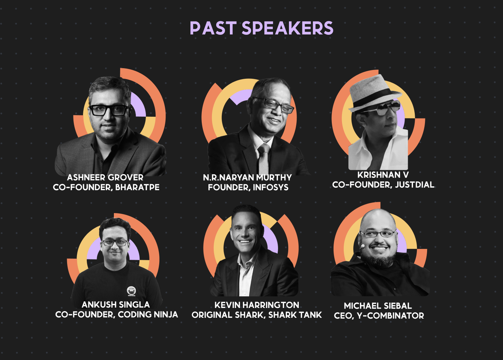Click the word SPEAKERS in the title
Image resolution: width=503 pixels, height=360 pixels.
287,28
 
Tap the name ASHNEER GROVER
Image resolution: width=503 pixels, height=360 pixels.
105,178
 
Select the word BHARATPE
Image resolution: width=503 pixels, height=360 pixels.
137,187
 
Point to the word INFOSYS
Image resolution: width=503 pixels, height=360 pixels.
271,187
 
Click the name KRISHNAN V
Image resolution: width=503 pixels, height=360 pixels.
383,175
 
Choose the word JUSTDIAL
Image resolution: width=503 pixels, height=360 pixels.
414,185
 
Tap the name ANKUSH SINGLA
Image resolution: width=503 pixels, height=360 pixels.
116,304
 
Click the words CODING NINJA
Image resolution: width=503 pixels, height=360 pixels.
148,314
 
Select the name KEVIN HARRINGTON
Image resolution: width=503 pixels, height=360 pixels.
257,305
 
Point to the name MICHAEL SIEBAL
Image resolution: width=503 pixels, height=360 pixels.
378,306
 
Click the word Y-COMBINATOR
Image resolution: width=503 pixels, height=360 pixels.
390,316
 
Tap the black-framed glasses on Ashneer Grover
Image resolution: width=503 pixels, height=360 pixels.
109,110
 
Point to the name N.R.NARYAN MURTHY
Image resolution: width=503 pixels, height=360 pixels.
247,178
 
